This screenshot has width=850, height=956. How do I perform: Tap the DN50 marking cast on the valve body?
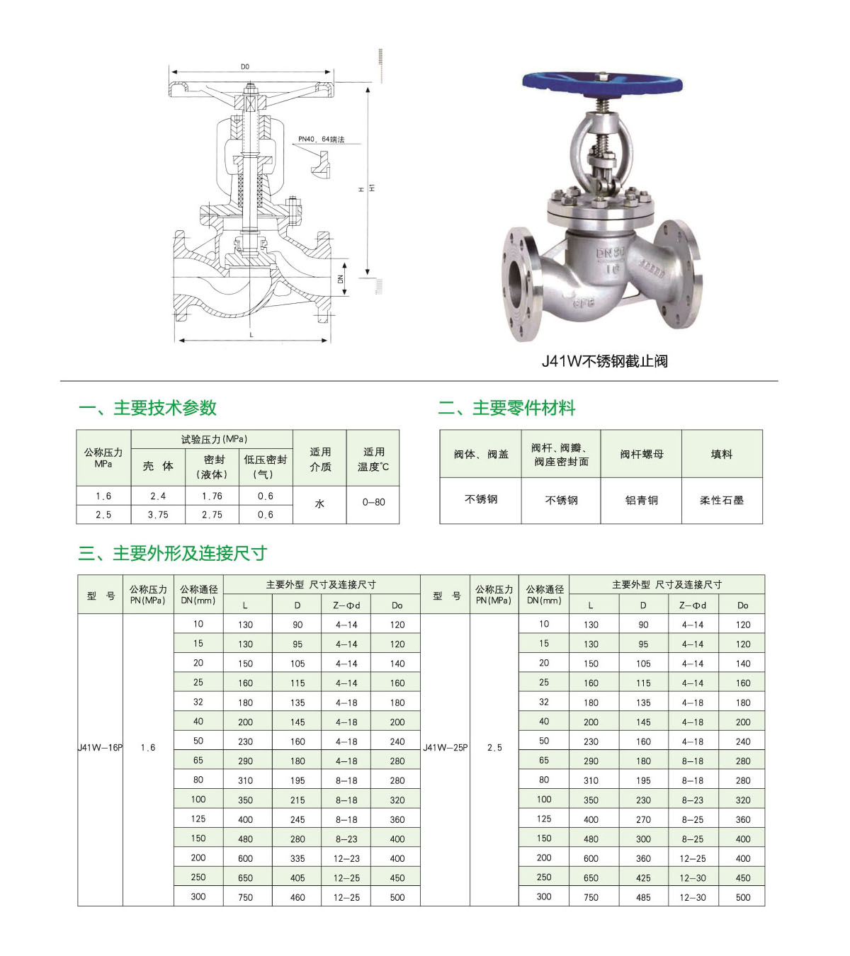(x=611, y=254)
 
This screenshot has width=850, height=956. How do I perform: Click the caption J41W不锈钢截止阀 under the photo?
(x=604, y=361)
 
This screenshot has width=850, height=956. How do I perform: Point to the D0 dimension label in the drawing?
(x=245, y=67)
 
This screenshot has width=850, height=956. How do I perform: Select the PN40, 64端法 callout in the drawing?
(x=321, y=140)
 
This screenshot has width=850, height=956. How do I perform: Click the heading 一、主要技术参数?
(x=147, y=408)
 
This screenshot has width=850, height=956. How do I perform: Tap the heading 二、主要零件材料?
(x=506, y=408)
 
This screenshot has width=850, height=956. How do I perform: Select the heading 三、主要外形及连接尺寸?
(x=172, y=553)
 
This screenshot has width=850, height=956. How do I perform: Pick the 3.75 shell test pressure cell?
(x=158, y=515)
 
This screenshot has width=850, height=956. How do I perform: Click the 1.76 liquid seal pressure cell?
(x=212, y=496)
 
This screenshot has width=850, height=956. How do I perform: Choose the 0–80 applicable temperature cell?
(x=373, y=502)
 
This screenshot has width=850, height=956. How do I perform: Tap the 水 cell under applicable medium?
(x=319, y=503)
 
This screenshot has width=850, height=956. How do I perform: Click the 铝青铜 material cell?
(x=641, y=500)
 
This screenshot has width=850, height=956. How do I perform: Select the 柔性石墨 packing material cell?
(x=722, y=500)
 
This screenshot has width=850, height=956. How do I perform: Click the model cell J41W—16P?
(x=100, y=748)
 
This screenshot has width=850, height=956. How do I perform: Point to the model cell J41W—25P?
(x=446, y=748)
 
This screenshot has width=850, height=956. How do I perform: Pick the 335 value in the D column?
(x=297, y=858)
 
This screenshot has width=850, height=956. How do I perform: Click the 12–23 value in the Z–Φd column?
(x=346, y=858)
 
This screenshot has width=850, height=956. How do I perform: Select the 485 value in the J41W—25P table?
(x=643, y=897)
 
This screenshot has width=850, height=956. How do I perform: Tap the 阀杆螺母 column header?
(x=641, y=454)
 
